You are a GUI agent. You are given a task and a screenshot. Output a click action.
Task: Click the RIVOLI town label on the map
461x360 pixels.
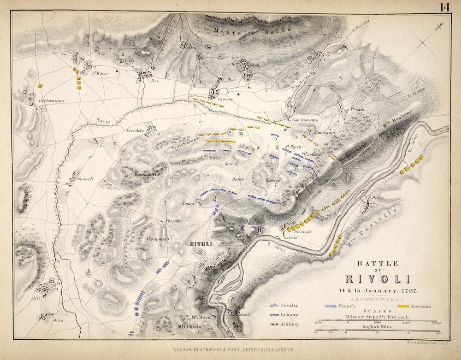tap(200, 244)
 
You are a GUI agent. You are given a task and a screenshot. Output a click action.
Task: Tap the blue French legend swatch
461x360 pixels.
tap(335, 306)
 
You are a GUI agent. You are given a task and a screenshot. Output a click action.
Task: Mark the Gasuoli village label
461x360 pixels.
tap(85, 178)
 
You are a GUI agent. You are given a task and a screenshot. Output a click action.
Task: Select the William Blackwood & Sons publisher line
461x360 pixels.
tap(233, 350)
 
